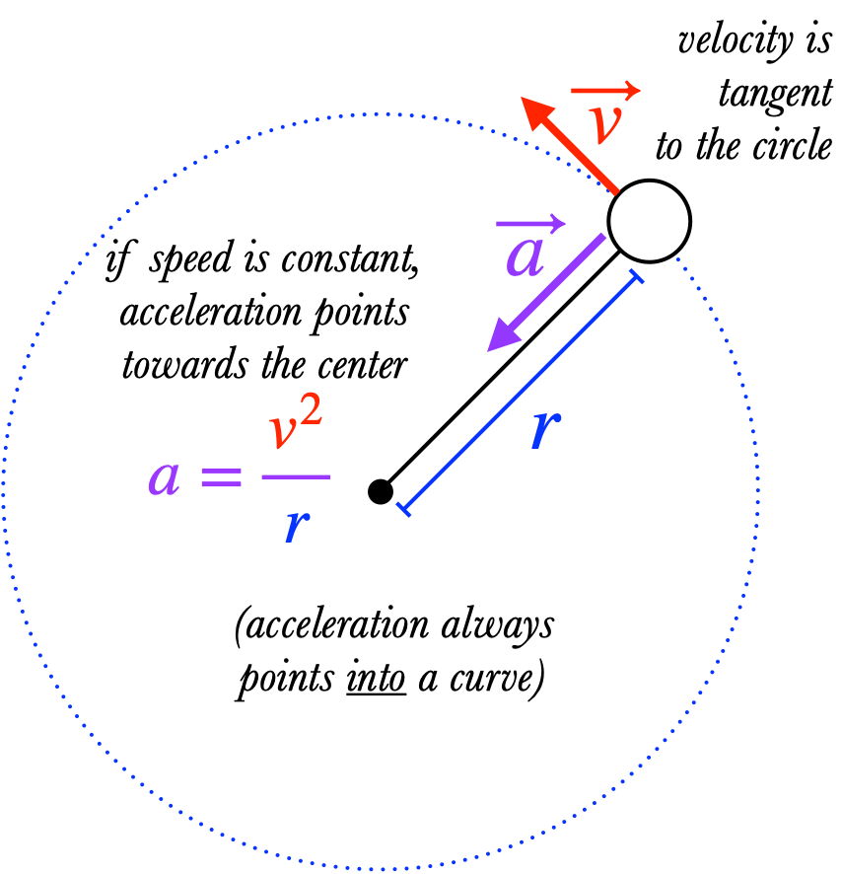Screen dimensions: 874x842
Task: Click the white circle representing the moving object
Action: pos(649,220)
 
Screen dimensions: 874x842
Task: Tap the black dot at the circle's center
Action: pos(381,490)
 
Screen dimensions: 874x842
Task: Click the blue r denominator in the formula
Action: pos(293,526)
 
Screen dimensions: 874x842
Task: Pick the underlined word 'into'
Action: pos(376,680)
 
